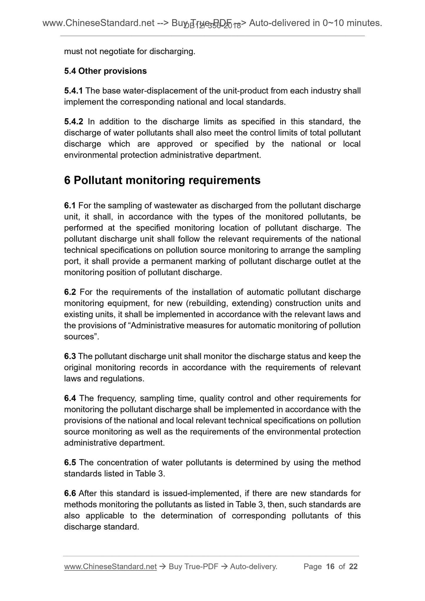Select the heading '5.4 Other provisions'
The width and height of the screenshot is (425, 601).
tap(105, 71)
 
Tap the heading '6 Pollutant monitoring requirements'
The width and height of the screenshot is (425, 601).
tap(162, 180)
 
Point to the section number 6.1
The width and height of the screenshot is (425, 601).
tap(70, 206)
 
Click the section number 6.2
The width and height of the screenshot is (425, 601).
tap(70, 292)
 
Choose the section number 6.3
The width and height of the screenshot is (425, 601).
tap(70, 356)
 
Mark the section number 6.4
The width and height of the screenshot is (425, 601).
tap(70, 398)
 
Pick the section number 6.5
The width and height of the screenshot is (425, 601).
tap(70, 463)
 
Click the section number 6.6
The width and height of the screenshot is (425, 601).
tap(70, 493)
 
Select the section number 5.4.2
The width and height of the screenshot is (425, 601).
tap(74, 122)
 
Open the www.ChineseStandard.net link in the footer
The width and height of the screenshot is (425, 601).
tap(110, 567)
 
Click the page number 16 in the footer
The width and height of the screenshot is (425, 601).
tap(330, 567)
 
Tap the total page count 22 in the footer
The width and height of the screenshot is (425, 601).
tap(353, 567)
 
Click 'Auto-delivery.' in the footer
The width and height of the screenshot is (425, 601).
tap(254, 567)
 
